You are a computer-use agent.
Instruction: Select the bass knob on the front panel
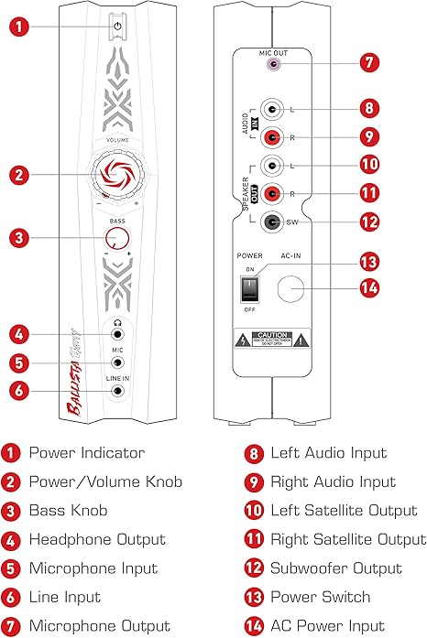tap(117, 239)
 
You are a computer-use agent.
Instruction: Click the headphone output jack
tap(117, 336)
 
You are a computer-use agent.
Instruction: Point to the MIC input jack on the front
tap(117, 363)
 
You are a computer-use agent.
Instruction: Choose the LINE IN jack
tap(117, 392)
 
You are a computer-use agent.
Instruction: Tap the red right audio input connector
tap(271, 137)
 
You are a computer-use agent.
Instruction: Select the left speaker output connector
tap(271, 166)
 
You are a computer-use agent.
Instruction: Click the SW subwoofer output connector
tap(271, 221)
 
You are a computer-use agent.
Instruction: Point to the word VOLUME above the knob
tap(117, 141)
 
